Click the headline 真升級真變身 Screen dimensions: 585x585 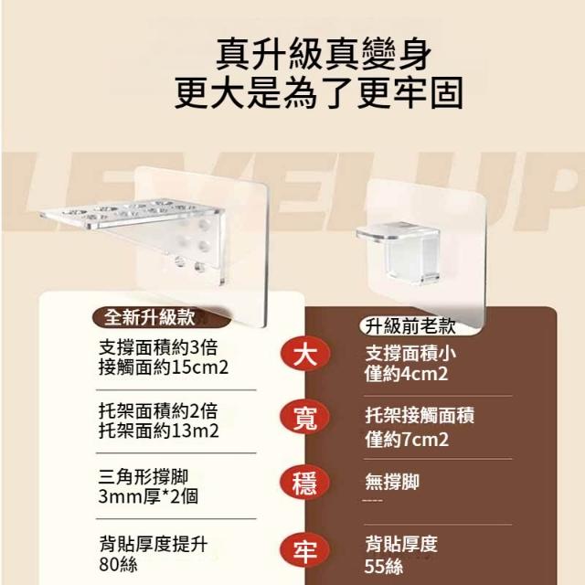(324, 54)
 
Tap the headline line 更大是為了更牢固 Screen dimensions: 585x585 (319, 93)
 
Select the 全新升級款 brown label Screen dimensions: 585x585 (162, 317)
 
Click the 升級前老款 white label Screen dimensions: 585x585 (410, 326)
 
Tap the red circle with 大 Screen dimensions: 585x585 (305, 354)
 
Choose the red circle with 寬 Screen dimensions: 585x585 (305, 417)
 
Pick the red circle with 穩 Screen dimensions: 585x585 (305, 483)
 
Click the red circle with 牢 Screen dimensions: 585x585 (305, 550)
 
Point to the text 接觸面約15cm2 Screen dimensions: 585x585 (164, 367)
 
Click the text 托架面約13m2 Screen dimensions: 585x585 (158, 431)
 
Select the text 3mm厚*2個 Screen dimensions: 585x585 (148, 496)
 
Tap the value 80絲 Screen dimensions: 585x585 (118, 564)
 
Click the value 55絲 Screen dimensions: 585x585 (384, 567)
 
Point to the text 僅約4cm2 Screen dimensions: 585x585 (406, 374)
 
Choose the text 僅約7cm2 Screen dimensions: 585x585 (407, 440)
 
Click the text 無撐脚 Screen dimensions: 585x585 (392, 482)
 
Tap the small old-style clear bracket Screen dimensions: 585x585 (399, 250)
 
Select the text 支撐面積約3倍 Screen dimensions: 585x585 (158, 347)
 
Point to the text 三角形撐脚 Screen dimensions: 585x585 (144, 477)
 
